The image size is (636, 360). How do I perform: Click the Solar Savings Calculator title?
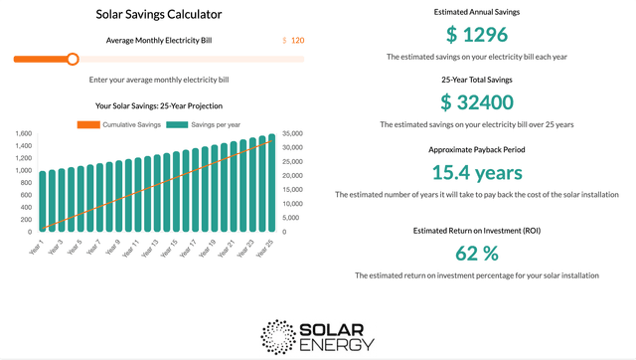159,14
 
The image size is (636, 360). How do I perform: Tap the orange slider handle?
73,59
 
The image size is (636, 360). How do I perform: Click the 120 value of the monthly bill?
297,41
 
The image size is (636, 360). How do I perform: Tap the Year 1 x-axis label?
37,247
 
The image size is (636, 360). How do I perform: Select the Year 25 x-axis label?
263,248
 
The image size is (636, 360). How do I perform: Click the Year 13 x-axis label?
150,248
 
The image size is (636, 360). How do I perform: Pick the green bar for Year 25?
270,184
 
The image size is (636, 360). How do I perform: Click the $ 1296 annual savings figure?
476,36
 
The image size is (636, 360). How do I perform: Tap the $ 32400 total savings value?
476,101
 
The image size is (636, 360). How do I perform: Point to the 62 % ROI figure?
476,251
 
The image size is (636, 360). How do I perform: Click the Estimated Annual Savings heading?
476,12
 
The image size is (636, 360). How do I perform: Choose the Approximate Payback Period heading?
476,149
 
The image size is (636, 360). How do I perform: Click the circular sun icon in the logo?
278,336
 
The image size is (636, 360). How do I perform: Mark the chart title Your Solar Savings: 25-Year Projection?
159,105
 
